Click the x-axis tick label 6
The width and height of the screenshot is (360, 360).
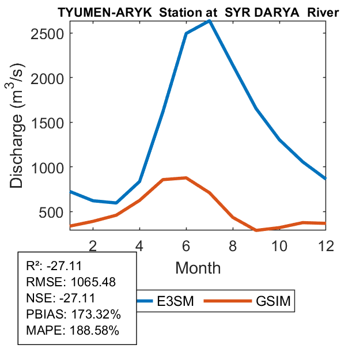(186, 245)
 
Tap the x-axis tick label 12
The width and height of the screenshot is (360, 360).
(326, 245)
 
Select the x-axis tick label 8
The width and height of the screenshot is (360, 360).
(233, 245)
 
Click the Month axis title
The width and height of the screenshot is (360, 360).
(198, 267)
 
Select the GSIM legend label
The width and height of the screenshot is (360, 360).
(275, 301)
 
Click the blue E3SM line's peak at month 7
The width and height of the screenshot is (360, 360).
(210, 21)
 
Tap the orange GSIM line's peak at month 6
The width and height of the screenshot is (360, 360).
(186, 177)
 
